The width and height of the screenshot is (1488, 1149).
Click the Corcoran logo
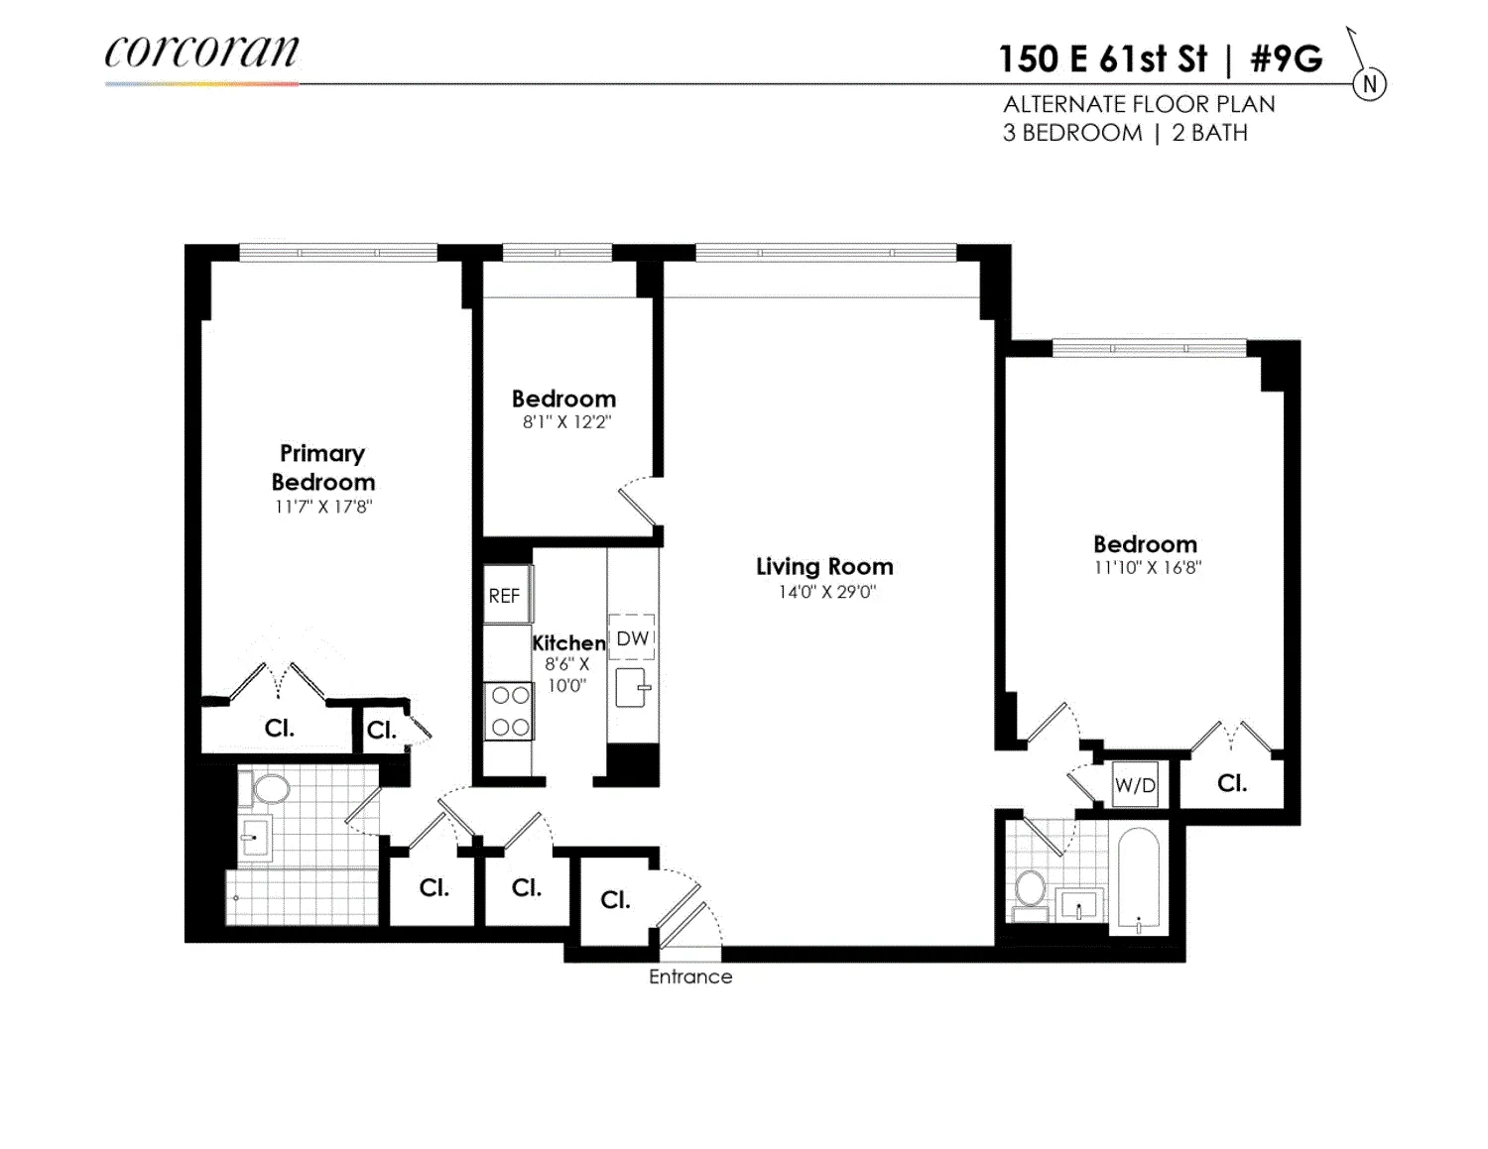pyautogui.click(x=201, y=53)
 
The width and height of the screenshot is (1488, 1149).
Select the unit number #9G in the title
pyautogui.click(x=1286, y=59)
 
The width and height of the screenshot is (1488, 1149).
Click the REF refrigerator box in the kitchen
pyautogui.click(x=505, y=595)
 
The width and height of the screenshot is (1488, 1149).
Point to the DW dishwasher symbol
pyautogui.click(x=632, y=638)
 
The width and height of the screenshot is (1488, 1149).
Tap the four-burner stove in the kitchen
pyautogui.click(x=509, y=712)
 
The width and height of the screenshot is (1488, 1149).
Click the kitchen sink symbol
pyautogui.click(x=632, y=687)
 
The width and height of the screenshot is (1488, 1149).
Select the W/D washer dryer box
pyautogui.click(x=1135, y=785)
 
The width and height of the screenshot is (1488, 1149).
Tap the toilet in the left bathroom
pyautogui.click(x=270, y=789)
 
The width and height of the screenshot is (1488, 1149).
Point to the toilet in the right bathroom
pyautogui.click(x=1030, y=888)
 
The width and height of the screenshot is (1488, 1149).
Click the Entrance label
pyautogui.click(x=690, y=977)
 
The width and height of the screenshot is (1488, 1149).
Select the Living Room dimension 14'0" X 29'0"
pyautogui.click(x=826, y=592)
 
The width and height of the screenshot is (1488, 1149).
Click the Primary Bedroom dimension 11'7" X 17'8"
pyautogui.click(x=323, y=507)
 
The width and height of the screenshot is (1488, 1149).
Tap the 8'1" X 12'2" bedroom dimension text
pyautogui.click(x=566, y=421)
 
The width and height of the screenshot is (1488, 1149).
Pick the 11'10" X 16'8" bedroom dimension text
pyautogui.click(x=1147, y=568)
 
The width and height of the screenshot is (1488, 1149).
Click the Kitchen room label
pyautogui.click(x=568, y=642)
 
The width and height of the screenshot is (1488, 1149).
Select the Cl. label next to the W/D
pyautogui.click(x=1231, y=783)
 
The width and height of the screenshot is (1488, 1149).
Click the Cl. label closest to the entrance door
pyautogui.click(x=615, y=899)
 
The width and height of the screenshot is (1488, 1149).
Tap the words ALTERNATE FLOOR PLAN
pyautogui.click(x=1139, y=104)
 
